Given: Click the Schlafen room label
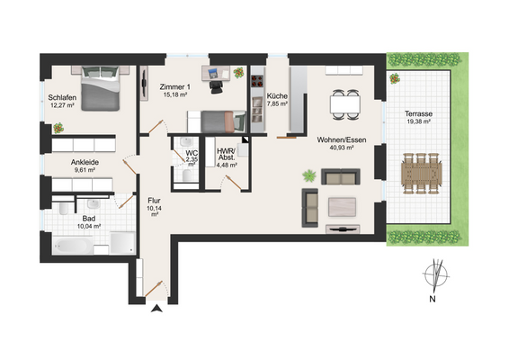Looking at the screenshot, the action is click(x=62, y=97).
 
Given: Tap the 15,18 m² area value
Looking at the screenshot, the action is click(x=175, y=94).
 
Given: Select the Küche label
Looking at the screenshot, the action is click(x=277, y=96).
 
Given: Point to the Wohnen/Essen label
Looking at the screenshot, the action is click(x=342, y=140).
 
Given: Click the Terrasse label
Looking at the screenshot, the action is click(x=418, y=113).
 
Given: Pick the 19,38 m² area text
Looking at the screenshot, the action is click(x=419, y=121).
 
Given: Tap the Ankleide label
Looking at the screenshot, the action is click(x=85, y=162).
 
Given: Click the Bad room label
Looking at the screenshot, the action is click(x=89, y=219).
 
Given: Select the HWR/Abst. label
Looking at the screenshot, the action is click(x=227, y=155).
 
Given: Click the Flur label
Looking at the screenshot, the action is click(x=154, y=201).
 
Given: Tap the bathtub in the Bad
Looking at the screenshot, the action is click(x=73, y=245).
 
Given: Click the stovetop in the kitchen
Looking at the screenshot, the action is click(x=257, y=81).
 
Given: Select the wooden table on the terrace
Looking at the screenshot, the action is click(x=422, y=174).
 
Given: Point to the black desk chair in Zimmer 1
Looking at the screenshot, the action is click(x=216, y=86).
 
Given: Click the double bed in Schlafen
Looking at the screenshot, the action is click(x=101, y=88).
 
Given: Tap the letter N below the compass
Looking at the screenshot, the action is click(x=432, y=299).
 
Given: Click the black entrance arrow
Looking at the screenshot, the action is click(x=156, y=309).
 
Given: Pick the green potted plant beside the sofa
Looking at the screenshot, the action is click(x=309, y=175).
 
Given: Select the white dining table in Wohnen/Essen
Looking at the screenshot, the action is click(x=344, y=104).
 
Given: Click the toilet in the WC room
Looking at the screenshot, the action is click(x=187, y=175).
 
